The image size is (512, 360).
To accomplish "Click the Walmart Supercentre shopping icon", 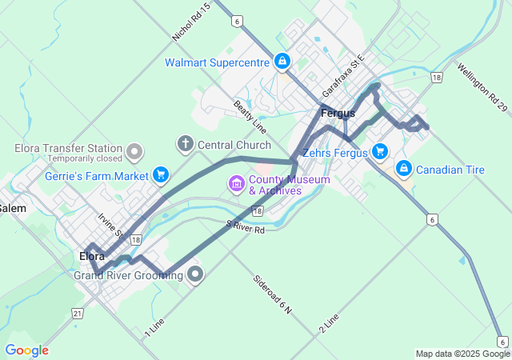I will point(282,61).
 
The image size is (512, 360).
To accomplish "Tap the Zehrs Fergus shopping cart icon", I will point(379,151).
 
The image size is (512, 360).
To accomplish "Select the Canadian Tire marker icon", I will point(405,169).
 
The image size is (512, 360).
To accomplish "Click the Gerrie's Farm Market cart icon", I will point(161,174).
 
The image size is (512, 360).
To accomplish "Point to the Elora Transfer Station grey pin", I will point(134,150).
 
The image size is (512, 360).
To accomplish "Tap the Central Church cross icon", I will point(185,144).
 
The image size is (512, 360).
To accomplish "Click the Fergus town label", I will point(337,114).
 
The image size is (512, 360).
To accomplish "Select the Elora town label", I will point(92,256).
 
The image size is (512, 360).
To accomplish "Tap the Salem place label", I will point(13,208).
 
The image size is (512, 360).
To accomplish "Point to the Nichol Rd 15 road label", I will point(191,23).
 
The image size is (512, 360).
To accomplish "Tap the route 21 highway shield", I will point(77,313).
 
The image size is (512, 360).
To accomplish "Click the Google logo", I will point(26,350).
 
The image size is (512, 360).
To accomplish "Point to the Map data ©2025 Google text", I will point(462,354).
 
